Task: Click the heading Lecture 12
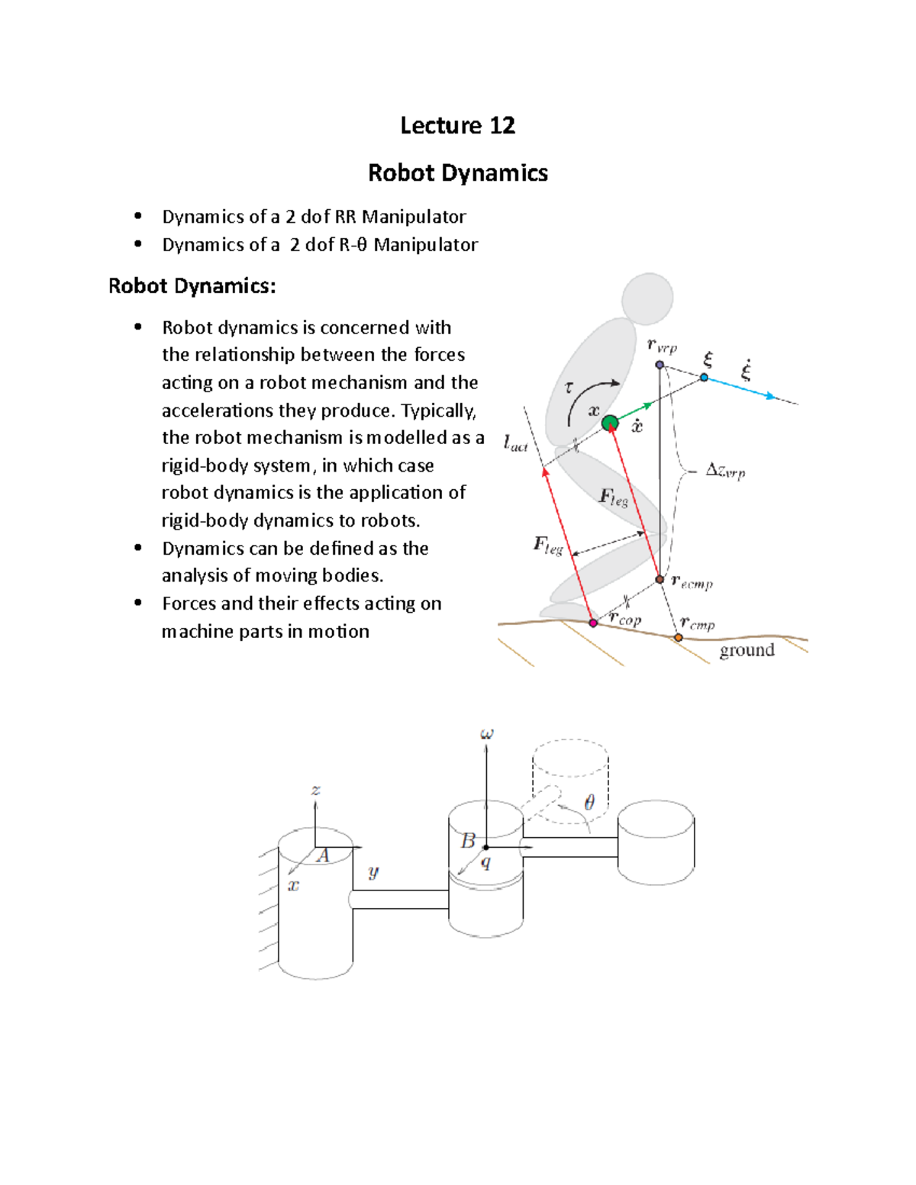pos(457,126)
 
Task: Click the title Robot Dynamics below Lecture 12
pos(457,173)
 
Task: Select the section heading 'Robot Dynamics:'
pos(192,286)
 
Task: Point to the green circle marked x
pos(609,423)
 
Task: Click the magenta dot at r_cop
pos(593,623)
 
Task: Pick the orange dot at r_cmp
pos(678,637)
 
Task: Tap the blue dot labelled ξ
pos(704,378)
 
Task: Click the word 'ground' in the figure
pos(747,650)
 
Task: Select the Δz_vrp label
pos(724,471)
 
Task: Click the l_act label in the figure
pos(515,443)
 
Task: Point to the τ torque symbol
pos(569,388)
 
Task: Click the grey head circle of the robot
pos(647,298)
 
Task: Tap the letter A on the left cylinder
pos(323,855)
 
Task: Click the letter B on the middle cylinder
pos(468,841)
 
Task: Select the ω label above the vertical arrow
pos(486,734)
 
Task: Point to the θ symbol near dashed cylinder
pos(589,803)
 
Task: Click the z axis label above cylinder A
pos(315,791)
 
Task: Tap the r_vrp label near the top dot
pos(662,346)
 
